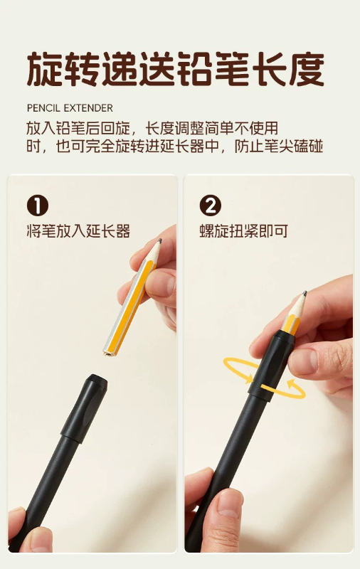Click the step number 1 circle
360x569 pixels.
(x=38, y=206)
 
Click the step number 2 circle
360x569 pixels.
(x=210, y=206)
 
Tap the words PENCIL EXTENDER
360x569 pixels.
(x=70, y=108)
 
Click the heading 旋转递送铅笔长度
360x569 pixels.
(x=176, y=69)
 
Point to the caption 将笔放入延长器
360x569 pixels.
(x=78, y=230)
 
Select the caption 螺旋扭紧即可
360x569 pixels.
(x=244, y=230)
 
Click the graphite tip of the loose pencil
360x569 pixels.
(x=159, y=240)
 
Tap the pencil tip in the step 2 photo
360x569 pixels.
(x=305, y=293)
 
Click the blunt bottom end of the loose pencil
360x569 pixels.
(x=107, y=352)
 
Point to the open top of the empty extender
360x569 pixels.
(x=95, y=379)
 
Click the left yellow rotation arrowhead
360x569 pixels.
(x=249, y=378)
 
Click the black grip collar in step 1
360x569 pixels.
(x=85, y=408)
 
